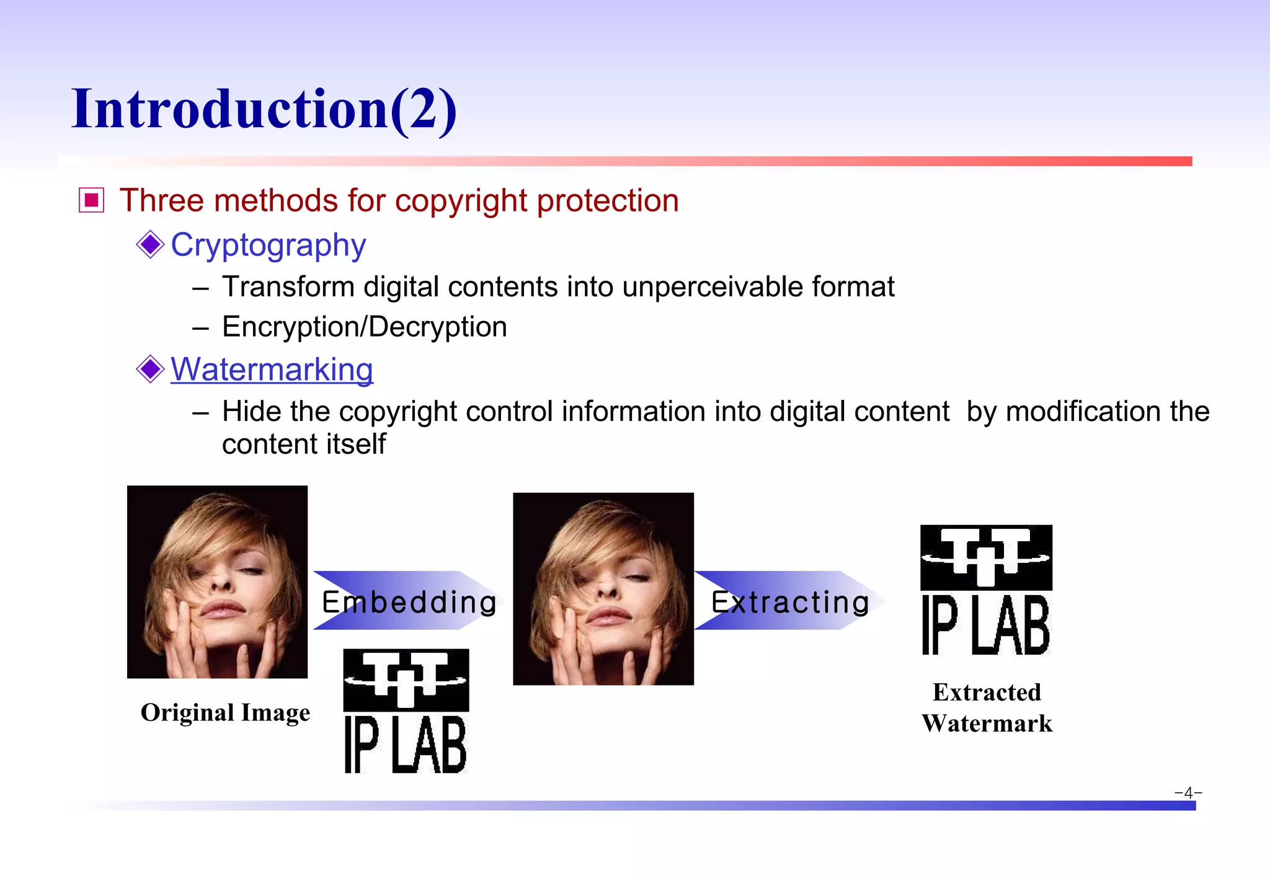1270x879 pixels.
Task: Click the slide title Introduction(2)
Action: click(264, 109)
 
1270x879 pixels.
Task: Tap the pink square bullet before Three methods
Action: click(92, 200)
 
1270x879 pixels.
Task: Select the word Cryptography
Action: click(268, 245)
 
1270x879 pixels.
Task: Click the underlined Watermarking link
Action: click(272, 369)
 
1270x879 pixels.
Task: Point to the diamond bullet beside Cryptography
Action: click(150, 244)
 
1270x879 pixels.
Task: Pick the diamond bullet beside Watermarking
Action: click(150, 369)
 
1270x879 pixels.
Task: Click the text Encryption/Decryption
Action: click(365, 327)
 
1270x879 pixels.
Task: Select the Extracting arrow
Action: click(789, 601)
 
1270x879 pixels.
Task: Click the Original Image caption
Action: click(225, 713)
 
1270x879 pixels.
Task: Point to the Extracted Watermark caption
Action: click(987, 708)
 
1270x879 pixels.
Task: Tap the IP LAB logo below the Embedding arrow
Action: click(406, 712)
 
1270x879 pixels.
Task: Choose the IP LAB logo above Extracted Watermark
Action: click(986, 590)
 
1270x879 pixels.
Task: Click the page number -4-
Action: click(1188, 792)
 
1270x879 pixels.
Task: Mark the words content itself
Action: click(304, 444)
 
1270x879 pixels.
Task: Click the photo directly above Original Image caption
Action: click(217, 581)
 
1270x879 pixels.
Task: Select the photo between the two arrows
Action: click(603, 589)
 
